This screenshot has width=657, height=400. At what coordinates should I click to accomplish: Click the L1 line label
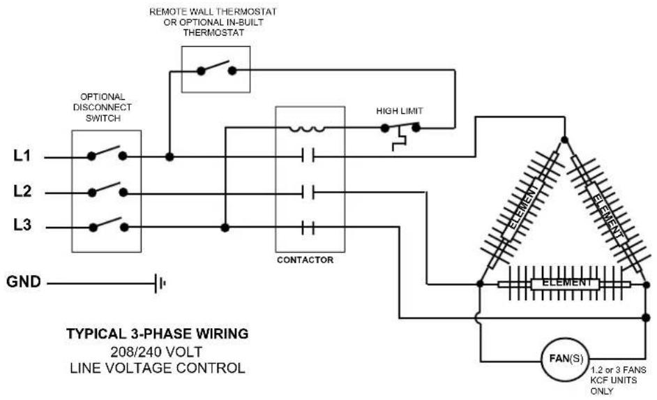22,156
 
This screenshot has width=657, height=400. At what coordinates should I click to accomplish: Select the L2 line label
22,191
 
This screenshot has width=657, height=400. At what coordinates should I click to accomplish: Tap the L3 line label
22,225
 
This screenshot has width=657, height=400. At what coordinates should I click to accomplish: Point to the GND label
24,282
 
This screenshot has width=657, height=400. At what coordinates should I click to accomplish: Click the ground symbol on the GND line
160,283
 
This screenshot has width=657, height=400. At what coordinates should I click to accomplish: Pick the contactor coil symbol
307,129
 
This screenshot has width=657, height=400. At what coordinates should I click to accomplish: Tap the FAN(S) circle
565,360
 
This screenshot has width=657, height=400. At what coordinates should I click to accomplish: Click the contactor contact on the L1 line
308,156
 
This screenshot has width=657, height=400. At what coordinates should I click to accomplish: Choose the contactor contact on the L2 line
308,193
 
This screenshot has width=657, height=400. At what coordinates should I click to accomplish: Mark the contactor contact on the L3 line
308,228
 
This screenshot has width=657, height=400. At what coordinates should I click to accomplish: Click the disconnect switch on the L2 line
107,190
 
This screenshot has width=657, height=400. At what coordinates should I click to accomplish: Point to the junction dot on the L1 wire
169,157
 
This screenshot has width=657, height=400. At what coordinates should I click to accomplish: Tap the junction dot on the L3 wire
225,228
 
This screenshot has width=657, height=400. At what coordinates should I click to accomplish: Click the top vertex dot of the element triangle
564,140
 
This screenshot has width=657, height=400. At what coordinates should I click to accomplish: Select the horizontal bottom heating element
565,284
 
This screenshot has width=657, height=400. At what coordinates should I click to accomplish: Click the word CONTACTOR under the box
305,260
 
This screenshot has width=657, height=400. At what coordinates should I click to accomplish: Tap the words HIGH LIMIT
400,111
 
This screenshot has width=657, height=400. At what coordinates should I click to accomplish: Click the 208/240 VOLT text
156,351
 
